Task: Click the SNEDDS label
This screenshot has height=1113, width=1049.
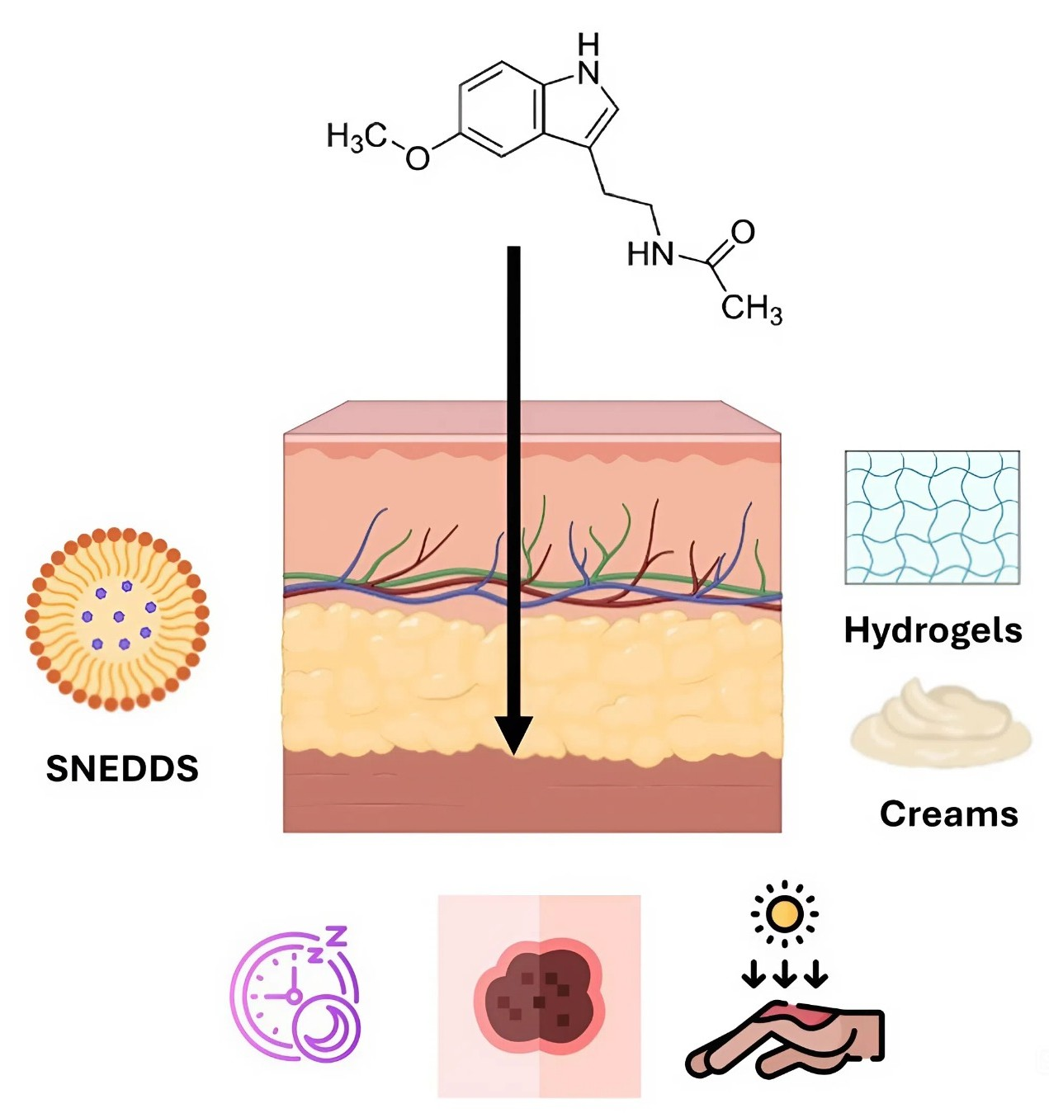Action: point(122,768)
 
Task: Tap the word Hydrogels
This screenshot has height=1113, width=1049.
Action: point(933,630)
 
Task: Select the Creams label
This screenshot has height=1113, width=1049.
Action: point(948,814)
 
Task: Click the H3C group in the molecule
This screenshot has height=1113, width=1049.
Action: point(356,137)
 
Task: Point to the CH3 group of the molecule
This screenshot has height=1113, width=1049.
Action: point(751,308)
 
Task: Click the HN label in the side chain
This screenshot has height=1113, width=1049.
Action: point(650,254)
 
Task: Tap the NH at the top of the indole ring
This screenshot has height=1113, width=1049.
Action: point(588,62)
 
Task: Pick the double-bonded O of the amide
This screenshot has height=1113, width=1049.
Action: point(743,232)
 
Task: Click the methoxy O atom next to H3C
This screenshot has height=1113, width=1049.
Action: point(418,158)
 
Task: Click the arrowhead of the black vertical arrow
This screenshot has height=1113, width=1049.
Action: point(513,733)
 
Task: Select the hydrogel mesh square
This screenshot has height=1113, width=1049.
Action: point(932,517)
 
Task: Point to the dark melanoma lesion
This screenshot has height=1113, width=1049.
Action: point(539,997)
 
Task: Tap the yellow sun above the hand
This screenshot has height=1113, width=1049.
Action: point(784,913)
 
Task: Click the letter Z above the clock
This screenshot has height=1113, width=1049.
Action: point(335,937)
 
